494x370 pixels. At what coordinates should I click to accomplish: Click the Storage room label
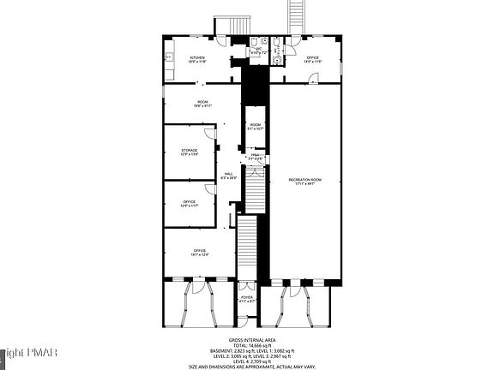(x=189, y=152)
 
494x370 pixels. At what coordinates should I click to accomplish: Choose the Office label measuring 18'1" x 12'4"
(x=199, y=251)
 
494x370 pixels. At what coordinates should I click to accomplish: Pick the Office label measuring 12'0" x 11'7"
(x=189, y=203)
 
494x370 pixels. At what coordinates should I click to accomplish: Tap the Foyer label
(x=246, y=299)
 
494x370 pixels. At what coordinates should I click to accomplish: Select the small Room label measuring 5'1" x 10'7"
(x=256, y=127)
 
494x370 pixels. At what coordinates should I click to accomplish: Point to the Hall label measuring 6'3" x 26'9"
(x=229, y=176)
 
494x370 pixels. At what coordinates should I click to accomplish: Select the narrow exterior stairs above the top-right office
(x=298, y=15)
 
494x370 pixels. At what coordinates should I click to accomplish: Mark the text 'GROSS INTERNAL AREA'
(x=247, y=340)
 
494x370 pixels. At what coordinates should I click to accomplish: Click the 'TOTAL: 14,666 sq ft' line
(x=247, y=346)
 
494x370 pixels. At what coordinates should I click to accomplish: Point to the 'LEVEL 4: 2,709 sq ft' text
(x=247, y=361)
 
